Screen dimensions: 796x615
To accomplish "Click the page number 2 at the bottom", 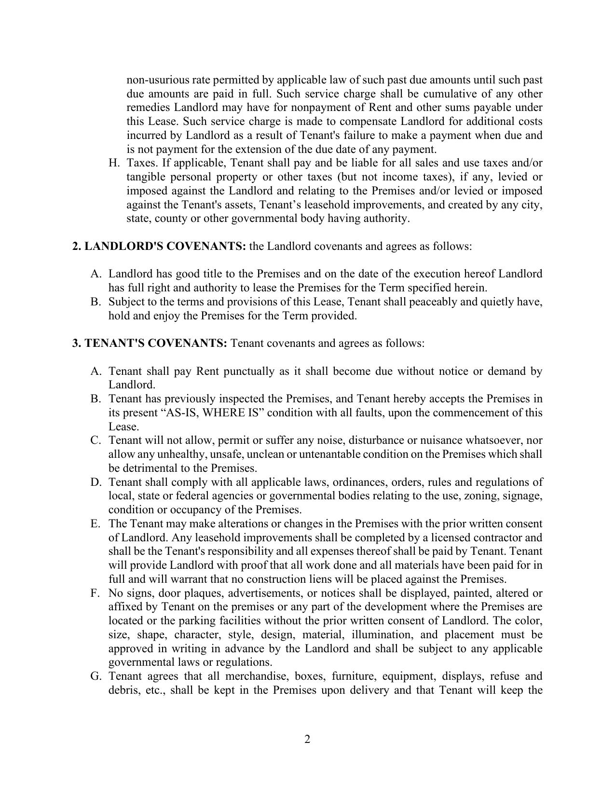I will pyautogui.click(x=307, y=739).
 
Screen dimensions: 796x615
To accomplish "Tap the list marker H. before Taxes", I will pyautogui.click(x=114, y=163).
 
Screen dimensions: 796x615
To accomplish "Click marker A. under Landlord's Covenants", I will pyautogui.click(x=96, y=274).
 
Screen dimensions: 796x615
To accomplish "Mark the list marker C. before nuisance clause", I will pyautogui.click(x=96, y=440).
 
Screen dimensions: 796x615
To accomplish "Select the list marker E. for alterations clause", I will pyautogui.click(x=96, y=524).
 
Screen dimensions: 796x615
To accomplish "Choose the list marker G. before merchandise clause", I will pyautogui.click(x=96, y=676).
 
